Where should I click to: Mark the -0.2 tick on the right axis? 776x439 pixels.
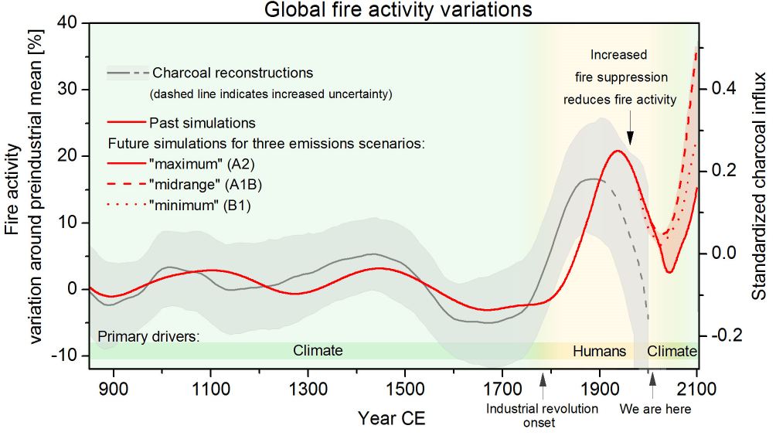[722, 335]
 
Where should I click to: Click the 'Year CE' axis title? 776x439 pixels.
[391, 419]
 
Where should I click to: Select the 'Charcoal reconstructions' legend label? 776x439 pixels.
[233, 73]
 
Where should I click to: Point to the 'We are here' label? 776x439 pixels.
[655, 409]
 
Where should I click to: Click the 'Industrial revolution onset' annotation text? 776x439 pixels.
[542, 415]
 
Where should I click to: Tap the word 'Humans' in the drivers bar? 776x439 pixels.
[599, 352]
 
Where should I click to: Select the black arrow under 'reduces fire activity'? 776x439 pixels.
[630, 135]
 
